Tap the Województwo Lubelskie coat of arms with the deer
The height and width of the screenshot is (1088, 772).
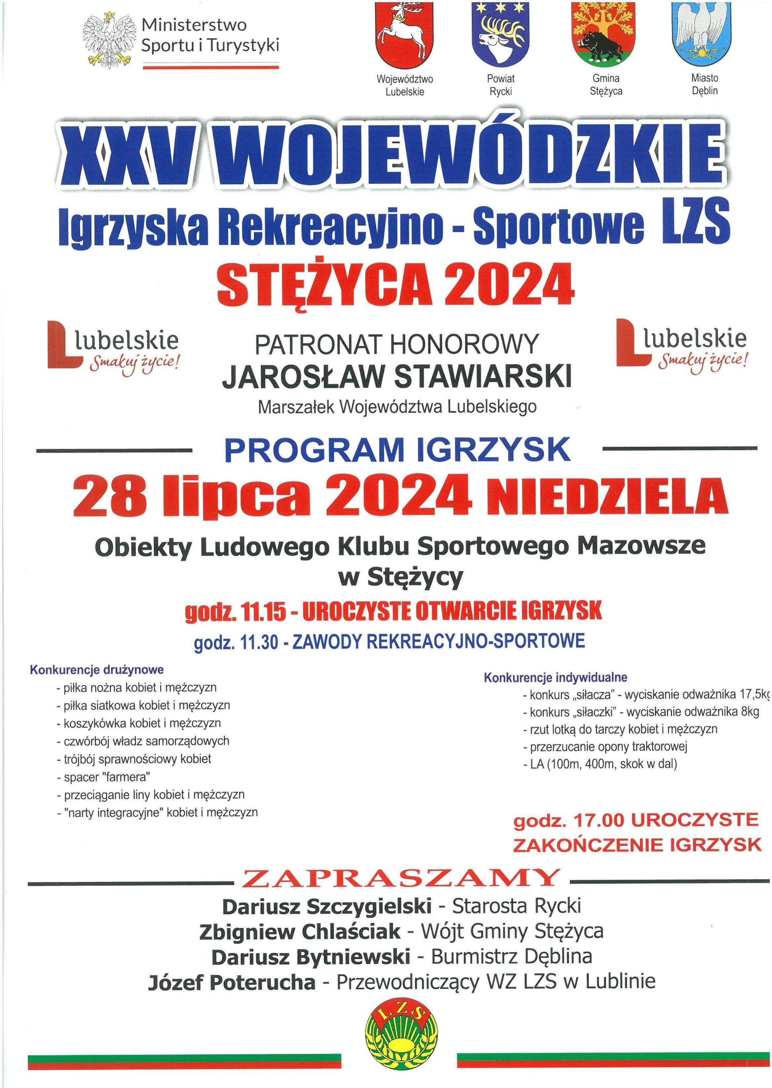click(405, 36)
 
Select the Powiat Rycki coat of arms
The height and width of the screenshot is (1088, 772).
click(500, 34)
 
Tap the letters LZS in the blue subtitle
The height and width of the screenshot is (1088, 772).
click(695, 221)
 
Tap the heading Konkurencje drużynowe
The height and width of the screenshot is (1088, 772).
click(97, 670)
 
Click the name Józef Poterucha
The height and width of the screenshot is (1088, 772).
click(232, 982)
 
